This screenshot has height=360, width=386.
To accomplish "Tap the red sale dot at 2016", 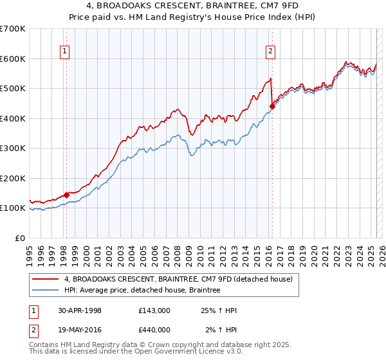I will point(272,107).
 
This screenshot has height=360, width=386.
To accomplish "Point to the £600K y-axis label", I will point(13,59).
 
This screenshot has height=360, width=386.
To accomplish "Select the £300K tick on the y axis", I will point(13,148).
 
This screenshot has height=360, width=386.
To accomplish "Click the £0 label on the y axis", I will point(20,239).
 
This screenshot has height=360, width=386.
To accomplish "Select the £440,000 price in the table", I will point(154,330).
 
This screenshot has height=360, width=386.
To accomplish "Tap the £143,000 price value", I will point(154,310).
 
